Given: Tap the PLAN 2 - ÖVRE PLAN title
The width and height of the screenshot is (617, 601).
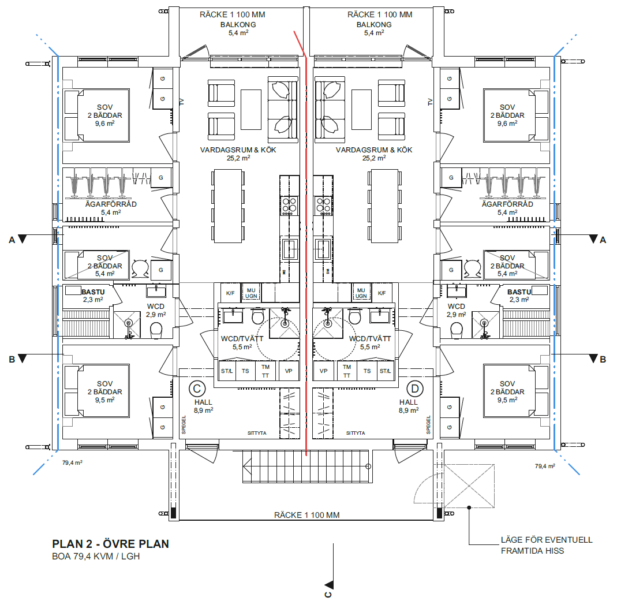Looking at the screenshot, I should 111,544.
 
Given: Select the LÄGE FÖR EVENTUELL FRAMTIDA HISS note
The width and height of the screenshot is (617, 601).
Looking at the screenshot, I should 547,546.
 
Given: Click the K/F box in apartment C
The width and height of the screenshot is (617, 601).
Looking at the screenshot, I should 230,293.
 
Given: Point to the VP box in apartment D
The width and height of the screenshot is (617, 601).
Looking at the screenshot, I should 323,371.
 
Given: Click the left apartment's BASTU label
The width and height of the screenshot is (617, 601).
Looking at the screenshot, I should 92,293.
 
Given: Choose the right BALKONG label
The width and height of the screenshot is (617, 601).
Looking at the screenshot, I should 374,25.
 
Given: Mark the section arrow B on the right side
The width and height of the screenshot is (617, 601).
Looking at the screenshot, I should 593,359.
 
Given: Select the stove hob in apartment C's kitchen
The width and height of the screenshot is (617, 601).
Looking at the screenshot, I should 289,204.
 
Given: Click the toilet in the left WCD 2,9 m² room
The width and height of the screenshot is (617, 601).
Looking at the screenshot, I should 156,330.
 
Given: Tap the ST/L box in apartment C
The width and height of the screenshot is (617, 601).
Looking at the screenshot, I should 226,371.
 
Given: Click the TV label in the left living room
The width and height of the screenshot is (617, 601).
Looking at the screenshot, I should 181,102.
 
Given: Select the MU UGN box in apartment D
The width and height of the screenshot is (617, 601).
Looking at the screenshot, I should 361,293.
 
